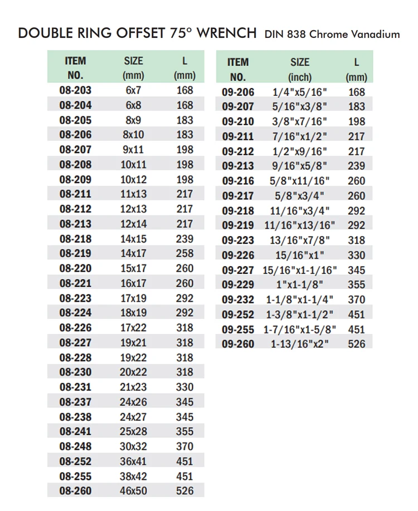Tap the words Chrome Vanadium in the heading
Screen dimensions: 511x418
354,34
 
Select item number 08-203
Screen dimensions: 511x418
75,90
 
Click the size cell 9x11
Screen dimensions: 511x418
133,150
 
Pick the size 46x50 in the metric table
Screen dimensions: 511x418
133,491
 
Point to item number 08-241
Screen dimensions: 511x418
75,431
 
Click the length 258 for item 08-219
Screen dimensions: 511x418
184,253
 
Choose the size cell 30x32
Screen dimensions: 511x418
133,446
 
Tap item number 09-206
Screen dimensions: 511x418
237,92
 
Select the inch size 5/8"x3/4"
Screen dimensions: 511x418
300,196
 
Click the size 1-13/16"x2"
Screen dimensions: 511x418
300,344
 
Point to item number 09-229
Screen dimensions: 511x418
237,284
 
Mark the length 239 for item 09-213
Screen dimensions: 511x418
356,166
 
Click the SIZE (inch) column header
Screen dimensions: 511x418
300,70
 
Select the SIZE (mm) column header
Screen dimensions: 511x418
133,68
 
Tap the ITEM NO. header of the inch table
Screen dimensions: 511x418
237,70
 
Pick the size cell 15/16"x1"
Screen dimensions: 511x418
300,255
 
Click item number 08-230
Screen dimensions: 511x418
75,372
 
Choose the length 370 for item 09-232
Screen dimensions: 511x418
356,299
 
